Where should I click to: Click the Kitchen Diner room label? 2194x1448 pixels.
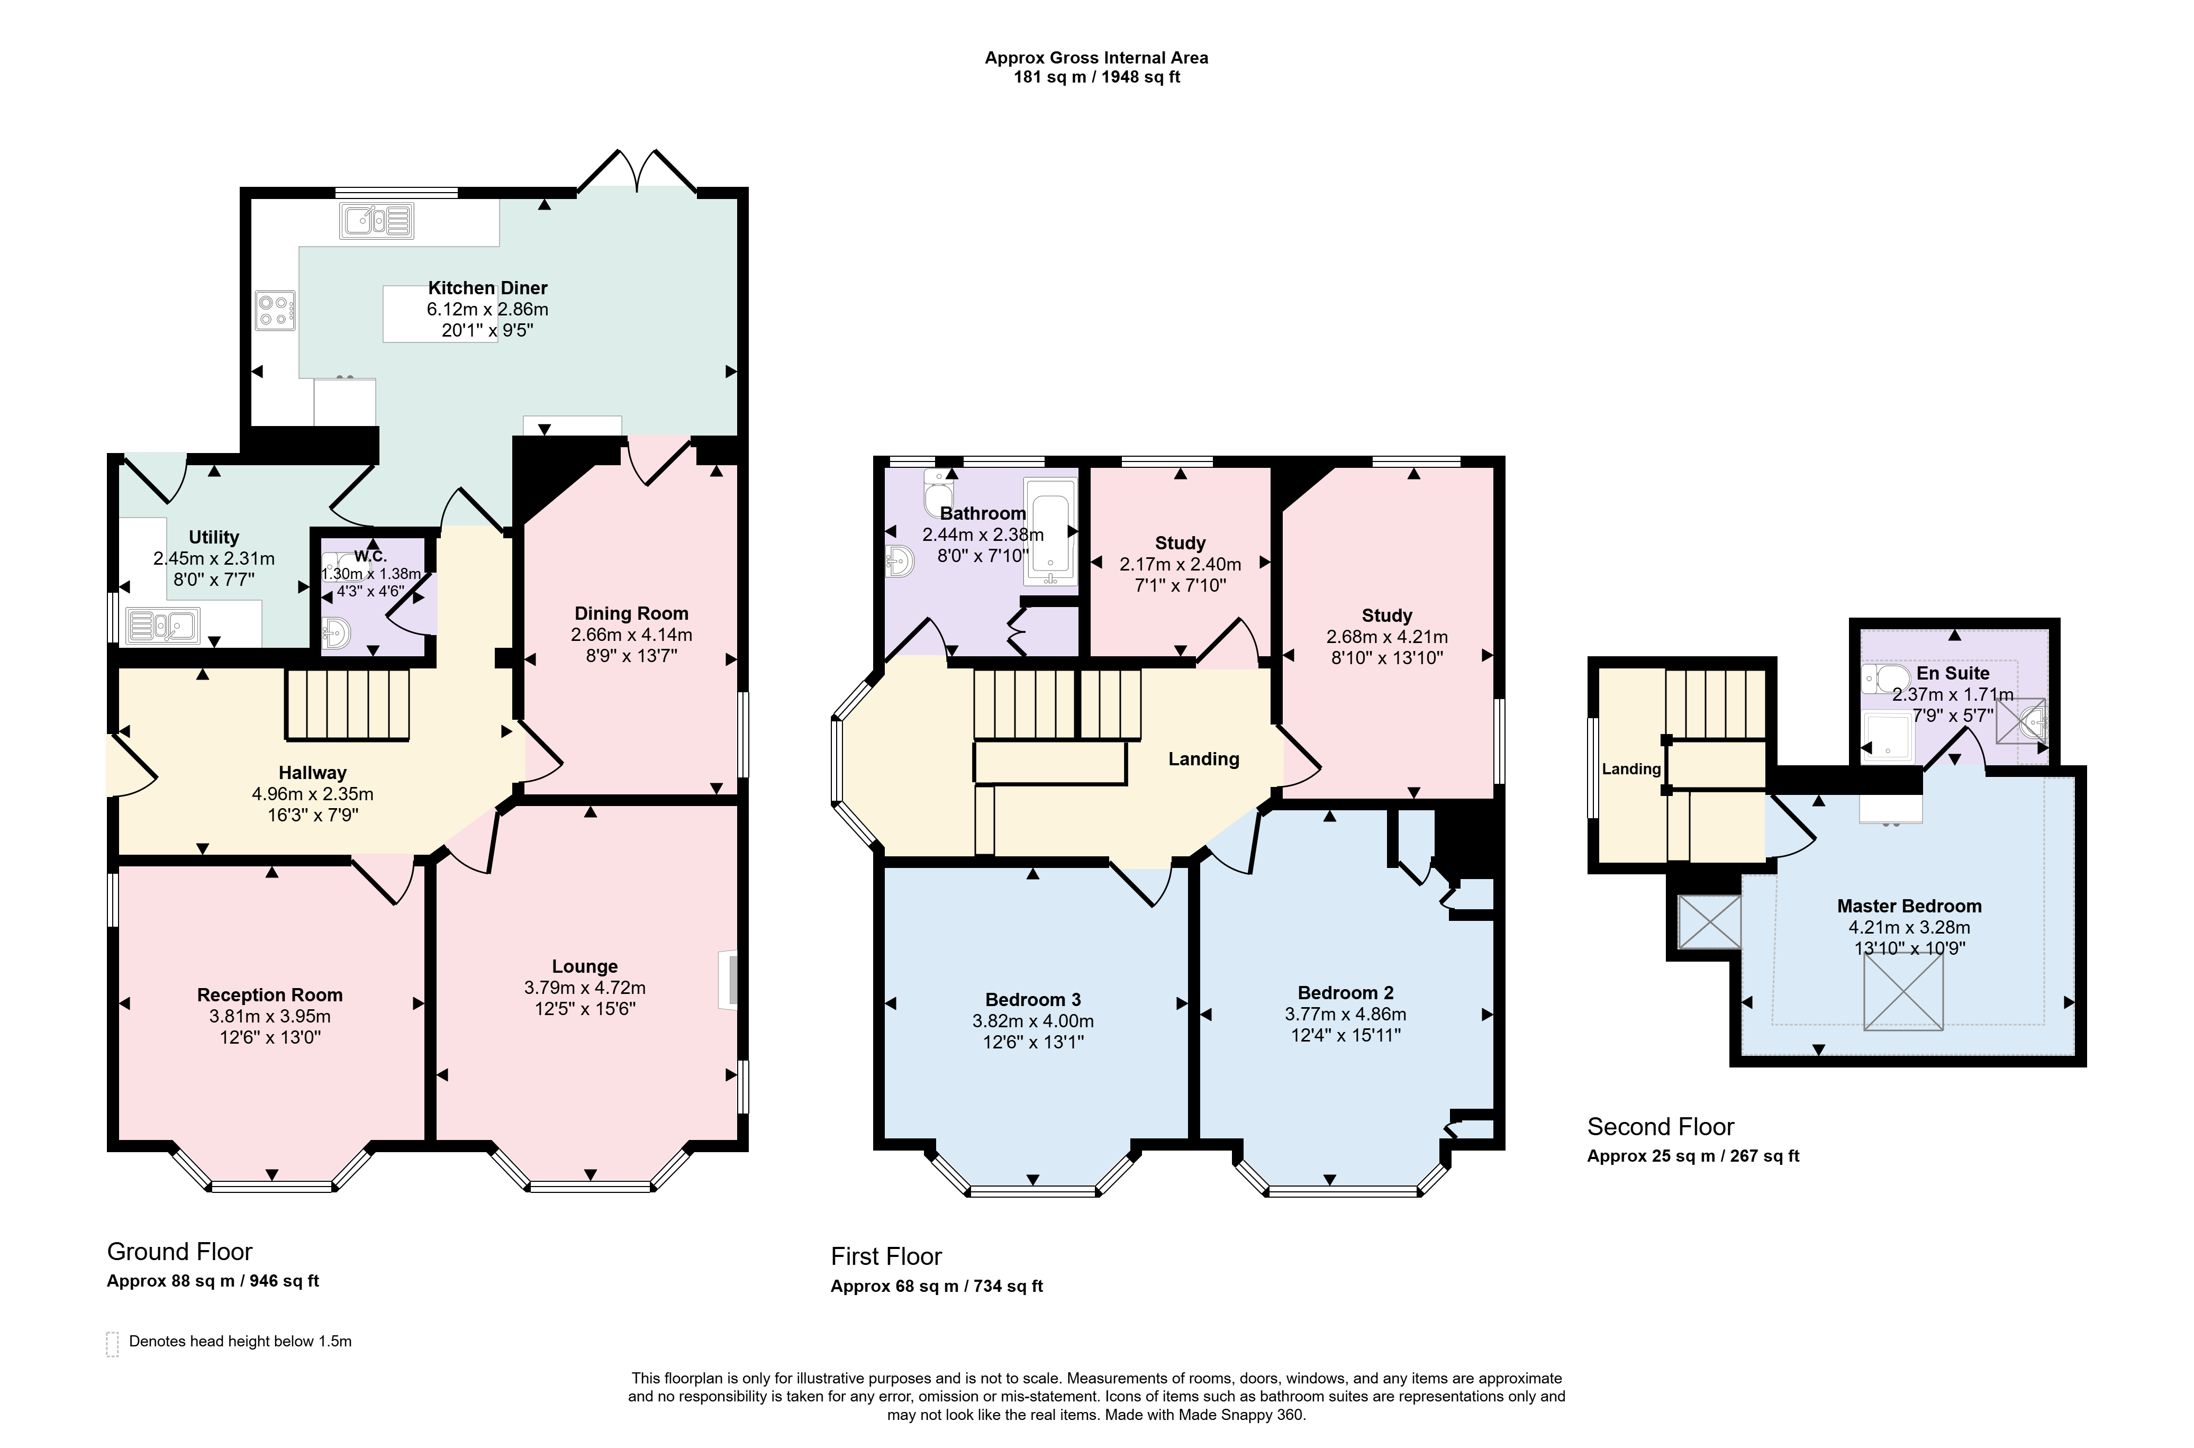(487, 288)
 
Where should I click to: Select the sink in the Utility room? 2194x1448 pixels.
(162, 625)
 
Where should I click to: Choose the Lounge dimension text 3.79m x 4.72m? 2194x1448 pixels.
(585, 988)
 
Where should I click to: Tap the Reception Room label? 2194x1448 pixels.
(270, 996)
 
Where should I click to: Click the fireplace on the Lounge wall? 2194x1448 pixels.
(729, 980)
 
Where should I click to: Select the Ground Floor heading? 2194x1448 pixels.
(180, 1252)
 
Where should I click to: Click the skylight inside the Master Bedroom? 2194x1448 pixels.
(1903, 992)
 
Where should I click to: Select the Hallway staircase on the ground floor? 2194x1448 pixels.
(347, 704)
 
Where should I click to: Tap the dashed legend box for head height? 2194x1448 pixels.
(113, 1344)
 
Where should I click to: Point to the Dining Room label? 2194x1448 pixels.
(632, 614)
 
